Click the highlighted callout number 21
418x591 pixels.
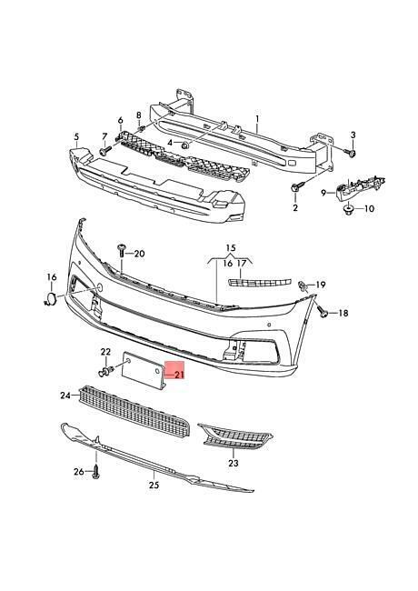coord(178,375)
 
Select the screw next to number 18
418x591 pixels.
coord(322,311)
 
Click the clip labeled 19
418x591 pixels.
coord(303,286)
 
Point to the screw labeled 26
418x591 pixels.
coord(96,472)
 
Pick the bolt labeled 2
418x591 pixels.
coord(296,186)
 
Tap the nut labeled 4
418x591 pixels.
coord(184,145)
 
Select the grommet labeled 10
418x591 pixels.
coord(349,209)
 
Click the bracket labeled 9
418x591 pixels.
coord(358,185)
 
